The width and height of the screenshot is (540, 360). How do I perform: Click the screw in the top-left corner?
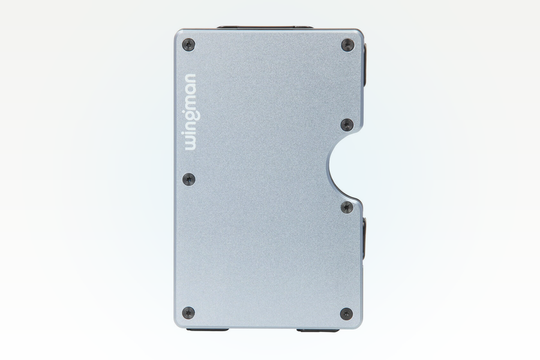188,45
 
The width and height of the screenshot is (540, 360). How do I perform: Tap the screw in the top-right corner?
347,45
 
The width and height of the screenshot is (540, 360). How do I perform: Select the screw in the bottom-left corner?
188,313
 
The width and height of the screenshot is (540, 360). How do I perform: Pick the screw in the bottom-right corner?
346,313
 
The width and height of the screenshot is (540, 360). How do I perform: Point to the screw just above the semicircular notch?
347,125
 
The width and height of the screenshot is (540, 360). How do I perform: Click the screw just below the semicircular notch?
347,207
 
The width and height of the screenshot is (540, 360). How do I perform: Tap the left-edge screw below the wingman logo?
188,179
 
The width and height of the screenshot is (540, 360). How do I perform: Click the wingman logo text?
190,112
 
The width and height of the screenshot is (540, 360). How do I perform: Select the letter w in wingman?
190,143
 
